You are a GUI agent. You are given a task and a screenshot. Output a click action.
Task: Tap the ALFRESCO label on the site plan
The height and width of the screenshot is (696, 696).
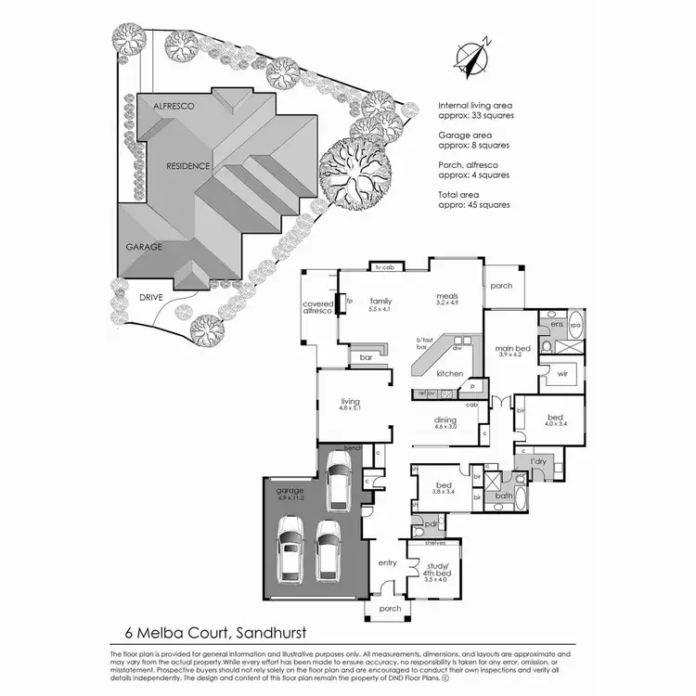(x=173, y=108)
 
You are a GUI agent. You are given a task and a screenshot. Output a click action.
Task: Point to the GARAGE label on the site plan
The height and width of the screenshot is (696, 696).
(x=144, y=247)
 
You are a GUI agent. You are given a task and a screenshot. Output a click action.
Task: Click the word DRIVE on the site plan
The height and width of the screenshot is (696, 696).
(x=150, y=297)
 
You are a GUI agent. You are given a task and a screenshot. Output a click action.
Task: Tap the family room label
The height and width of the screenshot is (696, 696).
(x=380, y=301)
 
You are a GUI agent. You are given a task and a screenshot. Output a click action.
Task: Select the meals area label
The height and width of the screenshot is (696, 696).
(x=449, y=297)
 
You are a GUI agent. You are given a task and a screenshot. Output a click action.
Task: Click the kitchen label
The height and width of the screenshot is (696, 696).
(x=450, y=373)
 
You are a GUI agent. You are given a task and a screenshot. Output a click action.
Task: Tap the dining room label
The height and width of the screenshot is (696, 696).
(x=445, y=419)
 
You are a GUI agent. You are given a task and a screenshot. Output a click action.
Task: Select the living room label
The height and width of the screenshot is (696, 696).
(x=349, y=401)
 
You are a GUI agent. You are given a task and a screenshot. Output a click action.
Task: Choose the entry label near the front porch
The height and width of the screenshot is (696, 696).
(x=388, y=562)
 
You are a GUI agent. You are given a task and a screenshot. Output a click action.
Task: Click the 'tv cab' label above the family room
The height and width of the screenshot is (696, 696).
(x=384, y=267)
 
